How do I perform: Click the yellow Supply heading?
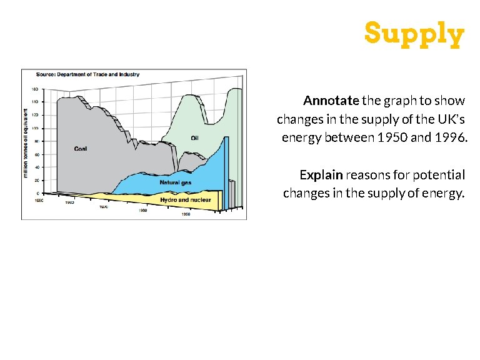tap(414, 34)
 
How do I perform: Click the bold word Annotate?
tap(331, 101)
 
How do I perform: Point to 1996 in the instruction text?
tap(450, 137)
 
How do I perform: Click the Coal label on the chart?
tap(80, 149)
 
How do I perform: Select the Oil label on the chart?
tap(194, 138)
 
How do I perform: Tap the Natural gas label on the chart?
tap(175, 183)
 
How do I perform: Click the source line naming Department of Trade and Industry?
tap(87, 74)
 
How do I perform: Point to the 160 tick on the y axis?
tap(35, 89)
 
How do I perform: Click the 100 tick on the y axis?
tap(35, 128)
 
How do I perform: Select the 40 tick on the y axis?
tap(36, 167)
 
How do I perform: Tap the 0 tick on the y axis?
tap(37, 194)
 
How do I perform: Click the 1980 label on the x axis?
tap(142, 211)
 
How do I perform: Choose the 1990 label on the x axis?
tap(186, 214)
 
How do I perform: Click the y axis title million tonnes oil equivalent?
tap(26, 142)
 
